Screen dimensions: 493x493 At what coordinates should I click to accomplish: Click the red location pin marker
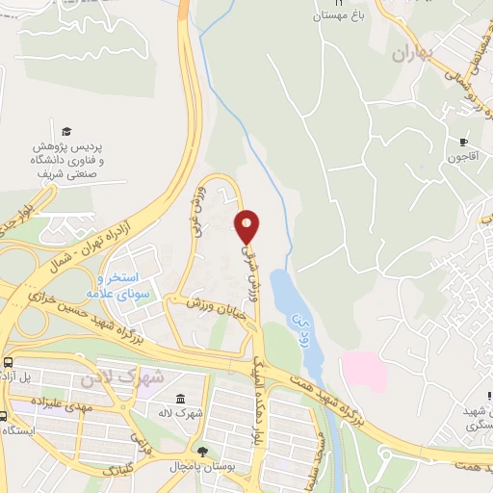point(247,226)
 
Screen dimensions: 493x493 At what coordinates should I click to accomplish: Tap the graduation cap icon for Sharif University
point(66,131)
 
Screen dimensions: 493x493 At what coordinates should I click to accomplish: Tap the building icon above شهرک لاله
point(180,398)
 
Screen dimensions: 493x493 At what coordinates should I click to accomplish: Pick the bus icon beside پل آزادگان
point(9,363)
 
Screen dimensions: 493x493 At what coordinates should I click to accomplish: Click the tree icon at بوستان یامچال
point(201,452)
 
